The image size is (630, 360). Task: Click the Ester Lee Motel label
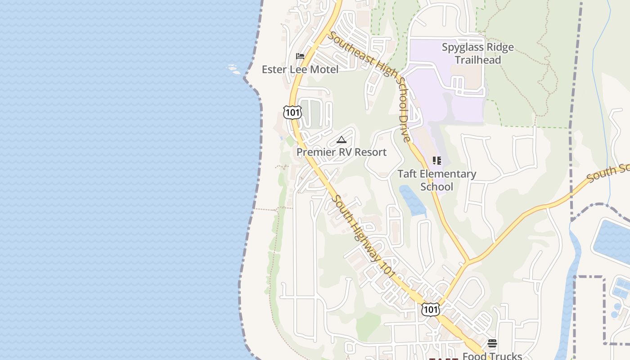pyautogui.click(x=300, y=69)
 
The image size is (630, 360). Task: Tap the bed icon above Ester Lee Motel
pyautogui.click(x=300, y=56)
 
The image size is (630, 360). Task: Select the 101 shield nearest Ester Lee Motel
pyautogui.click(x=292, y=112)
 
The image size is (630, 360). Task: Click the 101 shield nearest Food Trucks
pyautogui.click(x=431, y=309)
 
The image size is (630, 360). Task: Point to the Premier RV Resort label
pyautogui.click(x=341, y=152)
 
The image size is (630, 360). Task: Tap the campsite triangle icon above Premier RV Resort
pyautogui.click(x=342, y=139)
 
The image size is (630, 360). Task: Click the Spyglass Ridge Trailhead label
pyautogui.click(x=477, y=53)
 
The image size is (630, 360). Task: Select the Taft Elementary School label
pyautogui.click(x=436, y=180)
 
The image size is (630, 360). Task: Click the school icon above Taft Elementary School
pyautogui.click(x=436, y=161)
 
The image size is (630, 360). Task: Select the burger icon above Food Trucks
pyautogui.click(x=492, y=344)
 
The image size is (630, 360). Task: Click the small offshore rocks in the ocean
pyautogui.click(x=233, y=68)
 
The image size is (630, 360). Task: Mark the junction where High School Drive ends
pyautogui.click(x=468, y=261)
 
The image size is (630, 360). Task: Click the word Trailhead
pyautogui.click(x=477, y=59)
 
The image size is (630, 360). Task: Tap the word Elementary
pyautogui.click(x=436, y=174)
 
